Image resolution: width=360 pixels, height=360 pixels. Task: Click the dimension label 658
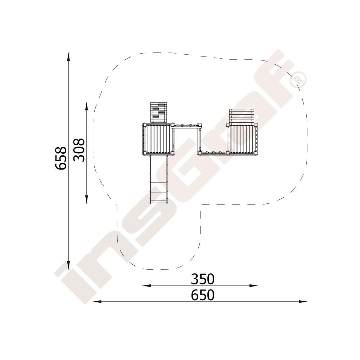(61, 158)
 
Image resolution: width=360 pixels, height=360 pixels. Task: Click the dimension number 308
(79, 150)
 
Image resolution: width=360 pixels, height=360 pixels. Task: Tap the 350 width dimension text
(203, 279)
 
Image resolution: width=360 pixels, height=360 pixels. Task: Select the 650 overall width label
(203, 295)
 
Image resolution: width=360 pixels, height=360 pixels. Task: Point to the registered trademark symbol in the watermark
(298, 80)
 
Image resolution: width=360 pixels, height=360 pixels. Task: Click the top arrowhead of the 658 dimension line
(68, 57)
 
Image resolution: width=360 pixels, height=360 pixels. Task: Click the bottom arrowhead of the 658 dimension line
(68, 265)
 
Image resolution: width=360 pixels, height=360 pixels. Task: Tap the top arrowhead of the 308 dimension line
(86, 106)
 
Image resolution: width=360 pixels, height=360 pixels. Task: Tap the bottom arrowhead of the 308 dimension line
(86, 199)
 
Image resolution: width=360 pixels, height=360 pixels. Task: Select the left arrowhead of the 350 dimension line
(147, 285)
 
